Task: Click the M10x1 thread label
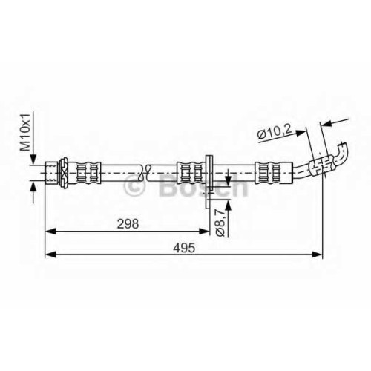(x=25, y=132)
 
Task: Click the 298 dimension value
(x=128, y=224)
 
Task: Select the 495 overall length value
(x=184, y=248)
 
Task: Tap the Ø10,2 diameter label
(x=275, y=132)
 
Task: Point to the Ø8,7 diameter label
(x=220, y=222)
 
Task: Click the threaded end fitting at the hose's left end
(x=51, y=172)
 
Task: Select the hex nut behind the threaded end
(x=64, y=172)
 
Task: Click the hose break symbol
(x=145, y=172)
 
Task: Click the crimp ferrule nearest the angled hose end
(x=274, y=173)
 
